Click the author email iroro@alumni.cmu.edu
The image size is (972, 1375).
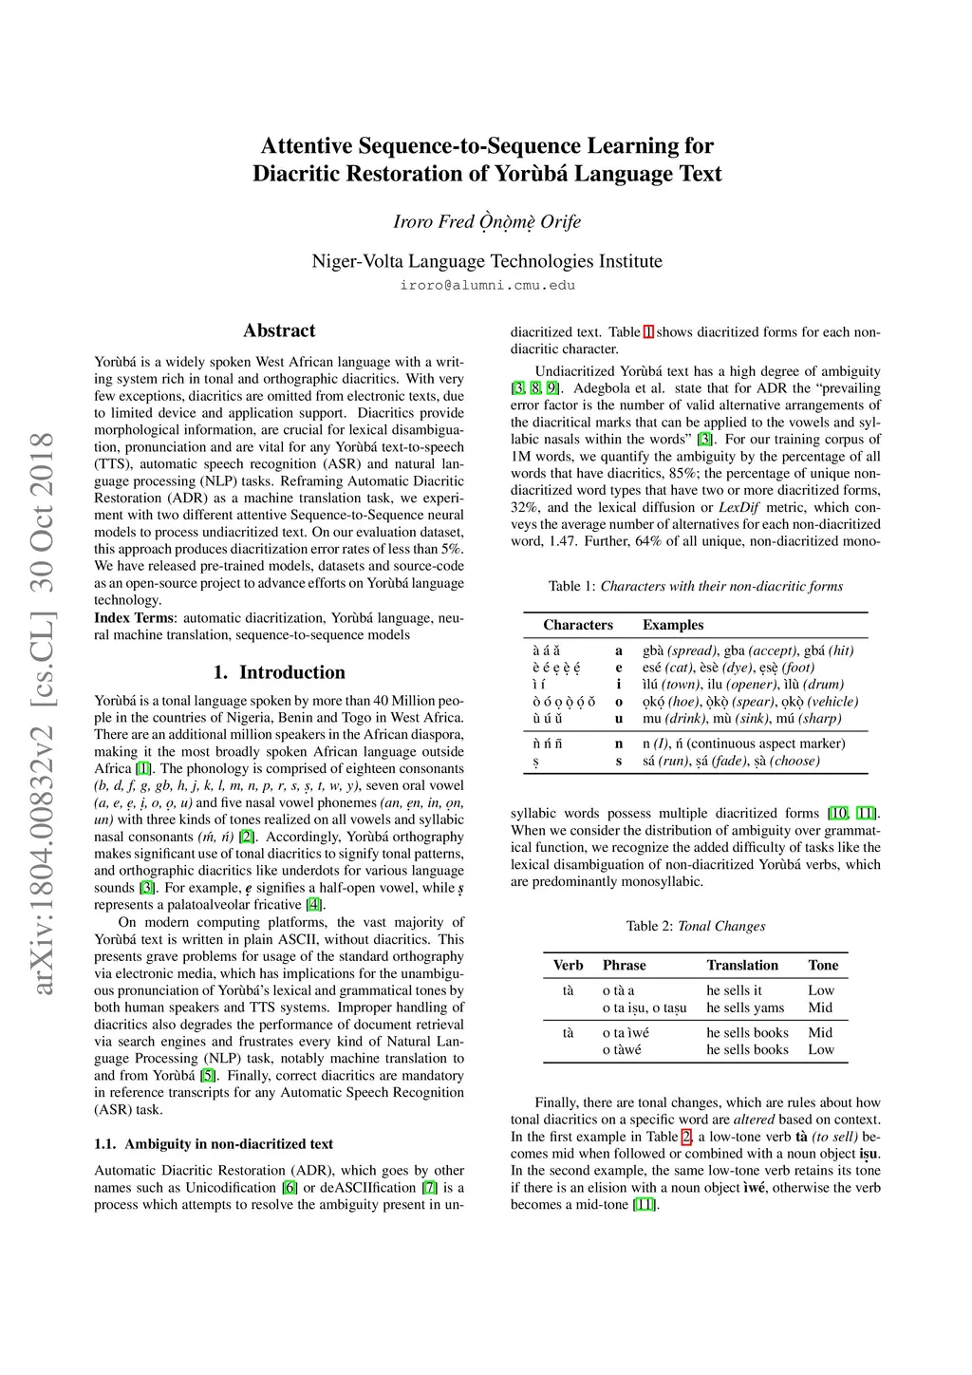[x=487, y=285]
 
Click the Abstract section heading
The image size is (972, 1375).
[x=279, y=330]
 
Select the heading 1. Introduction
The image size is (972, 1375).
[x=279, y=672]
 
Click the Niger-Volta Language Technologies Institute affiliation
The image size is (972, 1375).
[x=487, y=261]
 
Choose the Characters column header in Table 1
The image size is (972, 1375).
[x=578, y=625]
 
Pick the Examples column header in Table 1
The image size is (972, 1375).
[x=673, y=625]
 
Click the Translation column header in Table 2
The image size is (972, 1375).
[x=742, y=965]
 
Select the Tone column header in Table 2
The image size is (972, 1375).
[x=823, y=965]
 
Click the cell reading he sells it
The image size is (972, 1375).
[x=734, y=990]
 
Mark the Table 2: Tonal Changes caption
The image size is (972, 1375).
[x=696, y=926]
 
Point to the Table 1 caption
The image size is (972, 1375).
[x=696, y=586]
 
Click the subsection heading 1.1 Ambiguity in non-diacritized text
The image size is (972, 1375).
[x=214, y=1144]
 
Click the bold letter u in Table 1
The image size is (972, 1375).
[x=619, y=719]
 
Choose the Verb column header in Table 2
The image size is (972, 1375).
[x=569, y=965]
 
